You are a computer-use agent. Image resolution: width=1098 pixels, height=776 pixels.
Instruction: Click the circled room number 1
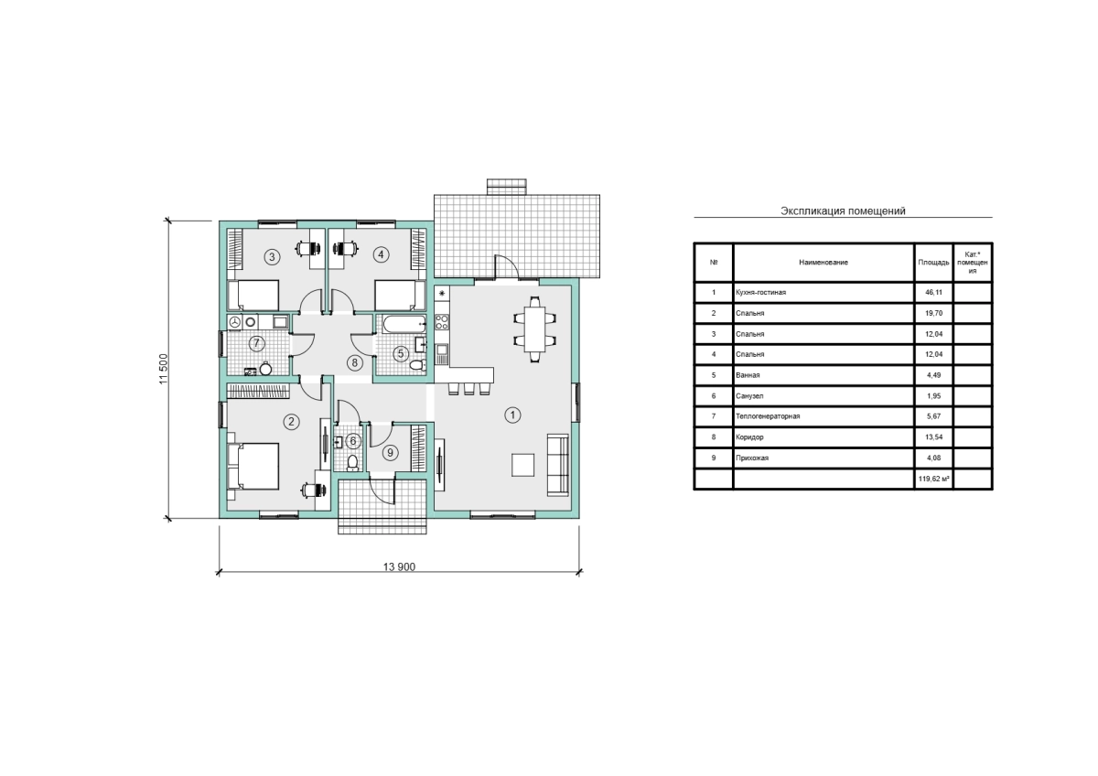click(x=512, y=415)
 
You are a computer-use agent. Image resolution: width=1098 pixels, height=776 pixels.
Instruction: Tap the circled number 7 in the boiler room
click(x=256, y=343)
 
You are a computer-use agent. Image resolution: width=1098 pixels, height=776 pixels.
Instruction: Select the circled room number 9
click(x=390, y=452)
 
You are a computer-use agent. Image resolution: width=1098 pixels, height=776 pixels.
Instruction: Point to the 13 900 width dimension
click(x=399, y=566)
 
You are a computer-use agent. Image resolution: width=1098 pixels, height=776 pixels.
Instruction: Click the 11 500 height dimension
click(x=163, y=369)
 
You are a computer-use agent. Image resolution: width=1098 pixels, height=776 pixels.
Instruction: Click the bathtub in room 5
click(x=404, y=324)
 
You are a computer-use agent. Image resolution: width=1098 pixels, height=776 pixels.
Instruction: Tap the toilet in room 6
click(x=352, y=462)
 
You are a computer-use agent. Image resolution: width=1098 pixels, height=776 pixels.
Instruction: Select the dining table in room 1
click(x=534, y=329)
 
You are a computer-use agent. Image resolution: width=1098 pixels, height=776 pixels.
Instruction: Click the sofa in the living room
click(x=558, y=464)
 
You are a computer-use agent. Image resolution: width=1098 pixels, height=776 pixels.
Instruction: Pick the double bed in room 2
click(x=253, y=466)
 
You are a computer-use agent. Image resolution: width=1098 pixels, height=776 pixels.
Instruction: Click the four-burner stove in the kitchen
click(x=442, y=321)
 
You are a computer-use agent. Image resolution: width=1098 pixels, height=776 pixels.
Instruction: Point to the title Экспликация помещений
click(x=843, y=210)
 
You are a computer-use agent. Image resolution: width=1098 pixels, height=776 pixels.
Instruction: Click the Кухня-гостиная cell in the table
click(x=760, y=292)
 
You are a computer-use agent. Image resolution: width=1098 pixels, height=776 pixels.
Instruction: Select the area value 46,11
click(x=933, y=292)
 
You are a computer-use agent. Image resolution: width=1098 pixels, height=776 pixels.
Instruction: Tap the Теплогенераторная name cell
click(x=768, y=416)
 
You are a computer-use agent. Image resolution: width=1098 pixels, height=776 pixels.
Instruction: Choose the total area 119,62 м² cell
click(x=934, y=479)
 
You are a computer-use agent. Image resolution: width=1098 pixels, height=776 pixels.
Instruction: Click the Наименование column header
click(x=823, y=263)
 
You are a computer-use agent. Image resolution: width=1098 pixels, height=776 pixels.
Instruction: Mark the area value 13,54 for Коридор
click(x=933, y=436)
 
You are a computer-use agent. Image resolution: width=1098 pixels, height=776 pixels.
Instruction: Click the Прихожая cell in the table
click(x=752, y=458)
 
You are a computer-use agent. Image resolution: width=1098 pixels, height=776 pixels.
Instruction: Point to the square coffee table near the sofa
click(x=523, y=465)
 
